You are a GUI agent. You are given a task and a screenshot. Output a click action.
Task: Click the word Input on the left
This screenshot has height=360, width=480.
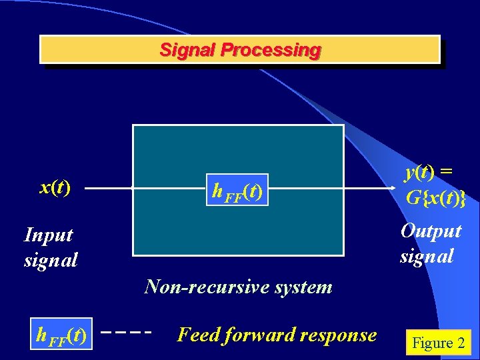(48, 235)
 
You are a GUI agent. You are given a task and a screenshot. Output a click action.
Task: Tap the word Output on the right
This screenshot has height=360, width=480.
(431, 231)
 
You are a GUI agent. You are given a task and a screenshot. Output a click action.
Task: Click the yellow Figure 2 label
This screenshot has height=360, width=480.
(438, 343)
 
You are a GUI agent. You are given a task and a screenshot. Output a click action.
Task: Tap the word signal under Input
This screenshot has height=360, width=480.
(51, 259)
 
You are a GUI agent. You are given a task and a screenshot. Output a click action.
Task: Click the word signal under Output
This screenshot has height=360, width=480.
(427, 256)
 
